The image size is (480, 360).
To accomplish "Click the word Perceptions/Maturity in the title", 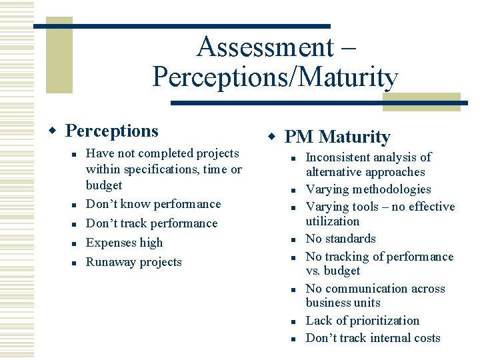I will pos(275,77).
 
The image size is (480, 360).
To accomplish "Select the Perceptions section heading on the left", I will pos(111,131).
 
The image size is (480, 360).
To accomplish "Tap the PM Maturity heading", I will pos(337,137).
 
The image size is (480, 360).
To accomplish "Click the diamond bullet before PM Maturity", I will pos(272,137).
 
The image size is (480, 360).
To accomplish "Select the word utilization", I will pos(332,221).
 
